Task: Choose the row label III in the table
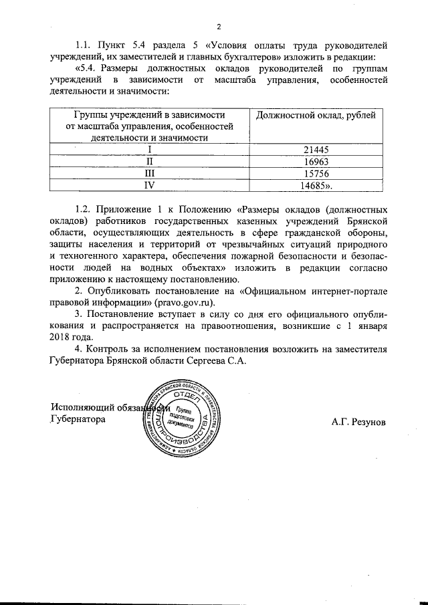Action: click(x=150, y=173)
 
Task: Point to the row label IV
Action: click(x=150, y=185)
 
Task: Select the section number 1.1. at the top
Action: click(x=84, y=45)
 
